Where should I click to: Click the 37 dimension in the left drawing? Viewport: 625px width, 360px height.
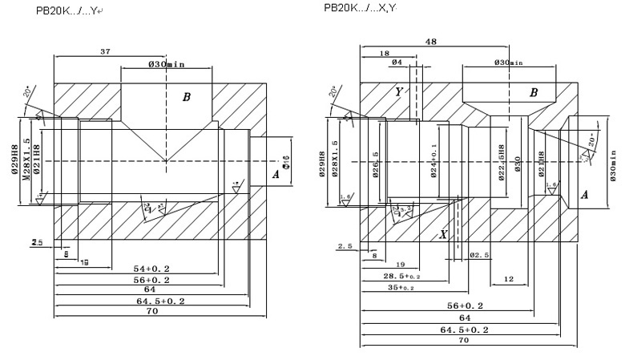pyautogui.click(x=104, y=51)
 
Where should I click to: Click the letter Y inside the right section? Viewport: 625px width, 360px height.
pyautogui.click(x=398, y=92)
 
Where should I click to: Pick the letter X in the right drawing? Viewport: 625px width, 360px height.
pyautogui.click(x=442, y=235)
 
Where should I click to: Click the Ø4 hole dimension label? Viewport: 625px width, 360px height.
pyautogui.click(x=397, y=63)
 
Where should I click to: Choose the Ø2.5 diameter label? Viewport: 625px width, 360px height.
pyautogui.click(x=479, y=255)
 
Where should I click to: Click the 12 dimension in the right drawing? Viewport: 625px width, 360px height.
pyautogui.click(x=508, y=279)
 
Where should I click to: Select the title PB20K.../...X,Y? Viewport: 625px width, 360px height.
pyautogui.click(x=360, y=8)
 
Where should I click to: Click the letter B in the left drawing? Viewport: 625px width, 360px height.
pyautogui.click(x=186, y=97)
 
